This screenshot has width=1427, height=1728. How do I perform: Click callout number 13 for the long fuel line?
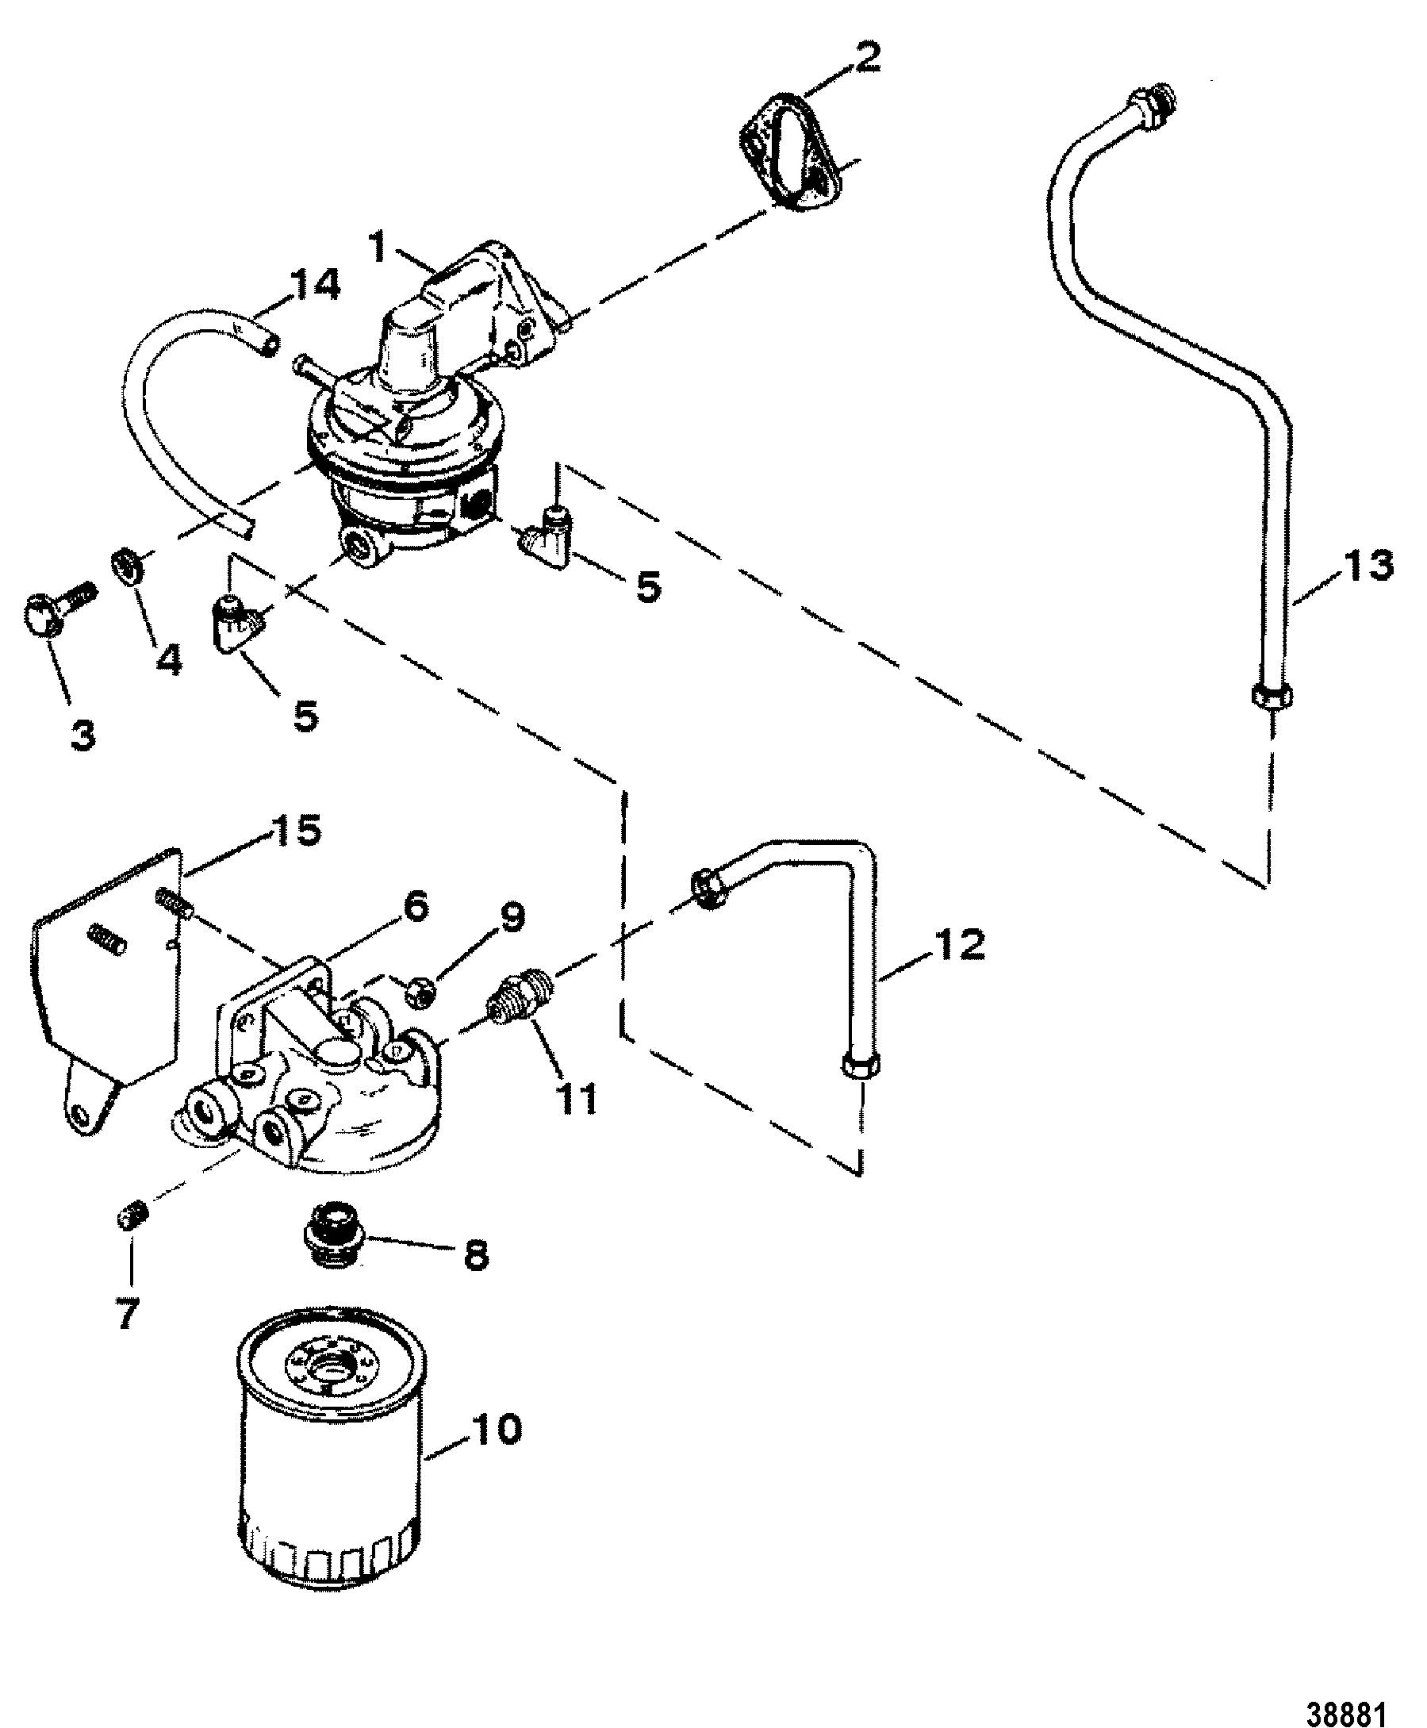1367,566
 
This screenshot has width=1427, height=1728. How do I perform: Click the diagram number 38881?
1345,1692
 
